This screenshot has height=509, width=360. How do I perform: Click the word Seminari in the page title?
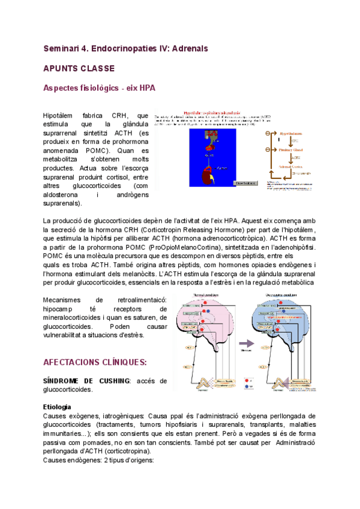(62, 47)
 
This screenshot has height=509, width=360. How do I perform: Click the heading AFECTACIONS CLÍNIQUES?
(95, 363)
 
